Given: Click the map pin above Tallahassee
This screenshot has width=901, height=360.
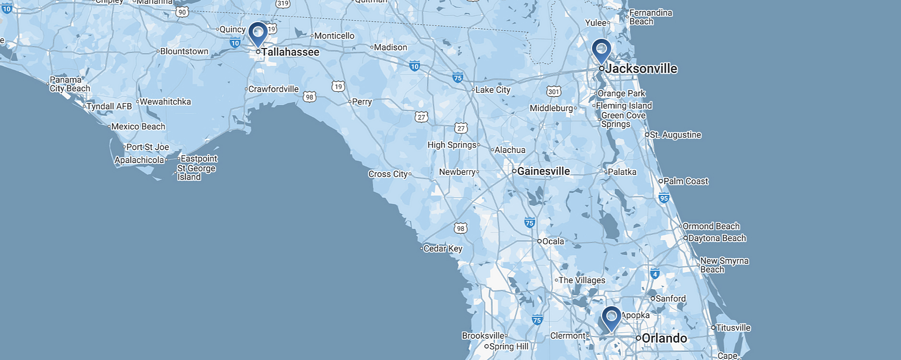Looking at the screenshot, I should click(258, 33).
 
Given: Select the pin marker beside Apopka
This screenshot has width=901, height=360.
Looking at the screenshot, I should click(611, 317).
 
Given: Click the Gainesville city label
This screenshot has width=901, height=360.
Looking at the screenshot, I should click(544, 171).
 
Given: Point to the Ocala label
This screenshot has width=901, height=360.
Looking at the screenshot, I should click(553, 241).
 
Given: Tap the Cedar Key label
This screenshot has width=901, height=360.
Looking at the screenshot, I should click(443, 249).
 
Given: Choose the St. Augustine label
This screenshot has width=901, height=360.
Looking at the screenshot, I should click(676, 135).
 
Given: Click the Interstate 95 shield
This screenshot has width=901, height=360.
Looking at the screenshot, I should click(664, 198).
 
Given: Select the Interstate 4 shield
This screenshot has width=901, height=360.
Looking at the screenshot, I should click(655, 275).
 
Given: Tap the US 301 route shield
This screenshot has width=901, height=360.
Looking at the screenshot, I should click(554, 92).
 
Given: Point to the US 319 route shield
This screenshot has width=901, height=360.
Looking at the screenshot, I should click(283, 3).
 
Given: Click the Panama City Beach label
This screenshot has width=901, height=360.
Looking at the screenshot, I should click(70, 84).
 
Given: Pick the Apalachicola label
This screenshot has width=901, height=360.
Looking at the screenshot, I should click(139, 160).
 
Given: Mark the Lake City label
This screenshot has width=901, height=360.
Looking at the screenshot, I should click(493, 90).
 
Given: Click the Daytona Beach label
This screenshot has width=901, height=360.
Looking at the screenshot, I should click(717, 238).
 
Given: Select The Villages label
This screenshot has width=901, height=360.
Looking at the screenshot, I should click(582, 280).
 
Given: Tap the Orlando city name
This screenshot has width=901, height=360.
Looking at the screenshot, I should click(664, 338).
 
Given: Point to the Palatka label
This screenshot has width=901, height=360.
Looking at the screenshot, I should click(622, 172).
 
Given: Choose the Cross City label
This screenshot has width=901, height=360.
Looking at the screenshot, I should click(388, 174).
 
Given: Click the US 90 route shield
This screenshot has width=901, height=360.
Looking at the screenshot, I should click(182, 12).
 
